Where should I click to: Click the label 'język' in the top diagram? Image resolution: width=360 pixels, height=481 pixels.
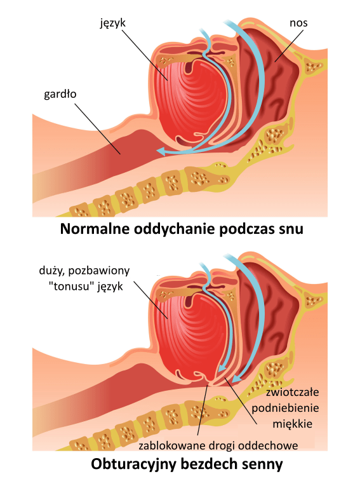[112, 24]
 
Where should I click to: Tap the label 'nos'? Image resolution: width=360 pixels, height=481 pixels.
[298, 23]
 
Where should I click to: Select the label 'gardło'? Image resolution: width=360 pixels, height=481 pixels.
[60, 94]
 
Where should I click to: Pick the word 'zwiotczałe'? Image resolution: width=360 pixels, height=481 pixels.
[292, 392]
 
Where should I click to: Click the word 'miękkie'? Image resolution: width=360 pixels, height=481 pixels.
[292, 424]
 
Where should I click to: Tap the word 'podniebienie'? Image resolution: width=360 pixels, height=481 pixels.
[286, 409]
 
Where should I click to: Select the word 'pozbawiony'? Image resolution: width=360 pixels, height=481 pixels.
[99, 271]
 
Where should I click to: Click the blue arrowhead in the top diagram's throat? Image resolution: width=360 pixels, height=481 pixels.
[161, 151]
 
